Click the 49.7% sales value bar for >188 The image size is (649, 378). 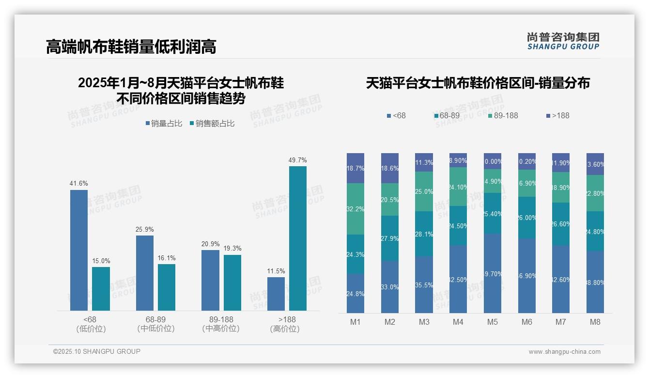pyautogui.click(x=298, y=238)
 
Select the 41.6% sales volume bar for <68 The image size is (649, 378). pyautogui.click(x=79, y=250)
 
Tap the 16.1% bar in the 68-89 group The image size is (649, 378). pyautogui.click(x=167, y=287)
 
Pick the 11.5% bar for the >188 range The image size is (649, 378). pyautogui.click(x=276, y=293)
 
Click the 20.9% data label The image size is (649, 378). pyautogui.click(x=210, y=244)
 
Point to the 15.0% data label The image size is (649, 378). pyautogui.click(x=101, y=261)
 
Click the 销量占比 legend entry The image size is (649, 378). pyautogui.click(x=164, y=124)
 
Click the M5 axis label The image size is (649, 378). pyautogui.click(x=493, y=322)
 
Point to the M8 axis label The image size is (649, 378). pyautogui.click(x=595, y=322)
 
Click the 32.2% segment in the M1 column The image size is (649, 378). pyautogui.click(x=355, y=209)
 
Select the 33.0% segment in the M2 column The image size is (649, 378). pyautogui.click(x=390, y=287)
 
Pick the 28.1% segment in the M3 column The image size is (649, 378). pyautogui.click(x=424, y=234)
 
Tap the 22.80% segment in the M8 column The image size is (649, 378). pyautogui.click(x=595, y=193)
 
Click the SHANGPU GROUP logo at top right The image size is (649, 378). pyautogui.click(x=563, y=41)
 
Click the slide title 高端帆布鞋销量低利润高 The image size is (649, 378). pyautogui.click(x=131, y=47)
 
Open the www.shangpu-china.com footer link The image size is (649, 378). pyautogui.click(x=564, y=352)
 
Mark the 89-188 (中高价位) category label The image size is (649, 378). pyautogui.click(x=221, y=324)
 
